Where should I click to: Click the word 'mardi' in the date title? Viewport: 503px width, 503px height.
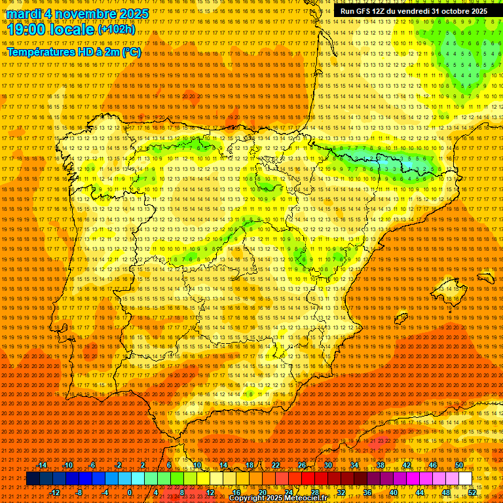click(x=26, y=14)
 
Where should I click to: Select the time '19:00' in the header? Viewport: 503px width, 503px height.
click(x=26, y=30)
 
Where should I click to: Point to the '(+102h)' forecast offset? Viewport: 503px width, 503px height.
click(x=117, y=29)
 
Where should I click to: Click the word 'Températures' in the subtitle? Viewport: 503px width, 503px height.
click(x=41, y=52)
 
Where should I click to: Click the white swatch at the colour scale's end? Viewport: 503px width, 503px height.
click(x=466, y=479)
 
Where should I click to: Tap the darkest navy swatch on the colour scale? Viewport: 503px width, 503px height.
click(x=33, y=479)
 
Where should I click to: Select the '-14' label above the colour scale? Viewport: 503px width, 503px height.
click(x=42, y=465)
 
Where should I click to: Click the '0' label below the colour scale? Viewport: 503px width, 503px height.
click(x=130, y=493)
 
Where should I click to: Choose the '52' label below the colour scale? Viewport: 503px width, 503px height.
click(x=472, y=493)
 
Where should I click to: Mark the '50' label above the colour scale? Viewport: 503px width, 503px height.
click(x=459, y=465)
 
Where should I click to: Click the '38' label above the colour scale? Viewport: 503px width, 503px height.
click(x=381, y=465)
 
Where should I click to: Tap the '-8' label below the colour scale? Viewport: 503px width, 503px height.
click(x=80, y=493)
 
